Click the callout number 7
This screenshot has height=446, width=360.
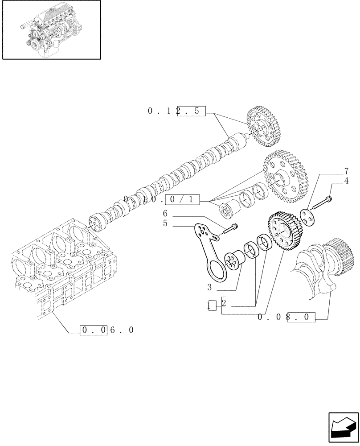coord(346,171)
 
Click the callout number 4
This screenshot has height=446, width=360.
coord(346,181)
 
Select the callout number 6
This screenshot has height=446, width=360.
coord(164,214)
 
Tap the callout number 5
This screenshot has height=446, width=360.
coord(164,223)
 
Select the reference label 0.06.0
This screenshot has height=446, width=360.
coord(107,330)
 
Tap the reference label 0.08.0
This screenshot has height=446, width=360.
coord(286,318)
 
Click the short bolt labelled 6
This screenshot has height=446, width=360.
coord(229,229)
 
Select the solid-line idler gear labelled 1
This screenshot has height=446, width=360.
coord(282,232)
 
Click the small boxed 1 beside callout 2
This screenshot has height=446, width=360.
coord(212,306)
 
